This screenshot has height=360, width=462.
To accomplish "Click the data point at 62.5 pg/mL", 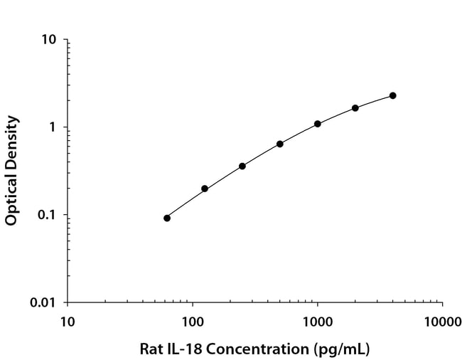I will (x=167, y=218).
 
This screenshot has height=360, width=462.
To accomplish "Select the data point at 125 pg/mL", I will (x=205, y=189).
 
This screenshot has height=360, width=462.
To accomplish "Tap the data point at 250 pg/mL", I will (x=242, y=166).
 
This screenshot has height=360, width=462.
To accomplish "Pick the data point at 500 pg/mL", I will (x=280, y=144).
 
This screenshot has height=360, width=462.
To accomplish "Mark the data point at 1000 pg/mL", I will (x=318, y=124).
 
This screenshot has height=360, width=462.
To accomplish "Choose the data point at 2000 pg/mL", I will (x=355, y=108).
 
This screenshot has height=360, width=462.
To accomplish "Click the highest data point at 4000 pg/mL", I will (x=393, y=95).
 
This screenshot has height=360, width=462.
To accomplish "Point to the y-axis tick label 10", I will (x=49, y=40).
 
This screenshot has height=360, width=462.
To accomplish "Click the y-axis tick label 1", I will (x=53, y=127).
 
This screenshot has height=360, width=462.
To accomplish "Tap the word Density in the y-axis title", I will (x=11, y=142).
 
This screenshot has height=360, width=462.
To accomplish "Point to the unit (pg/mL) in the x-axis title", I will (x=340, y=349).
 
